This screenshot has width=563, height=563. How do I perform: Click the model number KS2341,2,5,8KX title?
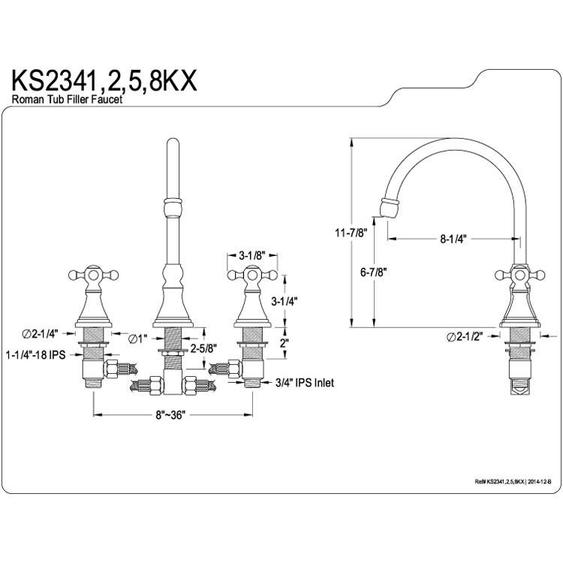click(x=104, y=81)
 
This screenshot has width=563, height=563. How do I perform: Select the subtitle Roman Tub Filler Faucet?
click(x=67, y=99)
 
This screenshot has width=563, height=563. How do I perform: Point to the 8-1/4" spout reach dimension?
click(x=453, y=239)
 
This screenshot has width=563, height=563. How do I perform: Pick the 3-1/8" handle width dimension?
click(x=251, y=256)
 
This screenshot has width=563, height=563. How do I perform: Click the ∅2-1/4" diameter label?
click(x=40, y=334)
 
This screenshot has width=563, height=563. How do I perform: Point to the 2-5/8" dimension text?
click(x=203, y=348)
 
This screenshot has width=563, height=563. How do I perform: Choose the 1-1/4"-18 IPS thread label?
click(x=35, y=355)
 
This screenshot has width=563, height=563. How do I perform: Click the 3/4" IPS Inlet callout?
click(x=305, y=383)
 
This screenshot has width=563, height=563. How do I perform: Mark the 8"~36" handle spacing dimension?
click(x=170, y=415)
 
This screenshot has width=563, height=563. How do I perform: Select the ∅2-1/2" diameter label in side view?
click(x=465, y=337)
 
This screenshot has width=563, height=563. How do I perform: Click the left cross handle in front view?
click(x=93, y=275)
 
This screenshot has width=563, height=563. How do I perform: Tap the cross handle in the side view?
click(x=519, y=275)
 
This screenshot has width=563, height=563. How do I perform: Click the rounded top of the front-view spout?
click(x=173, y=141)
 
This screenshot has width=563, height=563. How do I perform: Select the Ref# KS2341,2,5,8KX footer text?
click(x=513, y=482)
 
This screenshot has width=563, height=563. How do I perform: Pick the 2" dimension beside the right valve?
click(x=285, y=343)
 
